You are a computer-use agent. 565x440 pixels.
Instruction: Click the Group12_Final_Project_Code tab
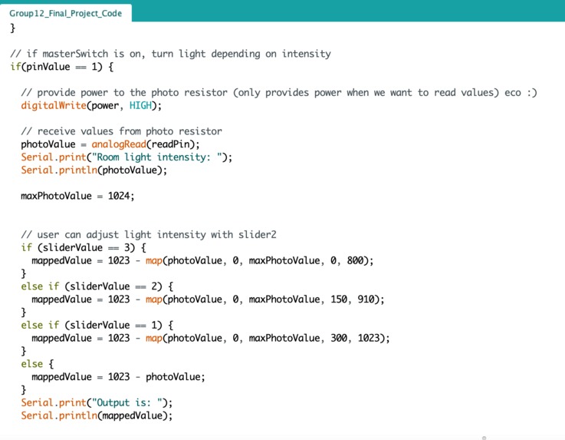(66, 13)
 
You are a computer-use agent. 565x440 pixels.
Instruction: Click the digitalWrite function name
(54, 105)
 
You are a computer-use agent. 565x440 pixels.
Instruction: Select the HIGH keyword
(141, 105)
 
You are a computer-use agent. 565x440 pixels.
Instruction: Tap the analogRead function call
(119, 144)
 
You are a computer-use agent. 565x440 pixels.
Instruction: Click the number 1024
(119, 196)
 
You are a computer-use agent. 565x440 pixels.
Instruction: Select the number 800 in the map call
(355, 260)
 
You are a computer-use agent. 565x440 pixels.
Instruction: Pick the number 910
(366, 299)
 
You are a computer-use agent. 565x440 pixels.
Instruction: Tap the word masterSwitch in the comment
(75, 54)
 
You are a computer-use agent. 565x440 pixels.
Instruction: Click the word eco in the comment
(513, 93)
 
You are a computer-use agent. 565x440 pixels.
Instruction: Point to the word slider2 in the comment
(258, 235)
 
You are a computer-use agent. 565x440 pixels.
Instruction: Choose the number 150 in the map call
(339, 299)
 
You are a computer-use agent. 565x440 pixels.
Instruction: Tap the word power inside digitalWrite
(105, 106)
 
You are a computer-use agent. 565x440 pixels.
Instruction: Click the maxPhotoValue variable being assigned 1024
(56, 196)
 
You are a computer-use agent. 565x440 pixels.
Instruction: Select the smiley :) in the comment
(532, 93)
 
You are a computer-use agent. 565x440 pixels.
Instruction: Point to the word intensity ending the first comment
(307, 54)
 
